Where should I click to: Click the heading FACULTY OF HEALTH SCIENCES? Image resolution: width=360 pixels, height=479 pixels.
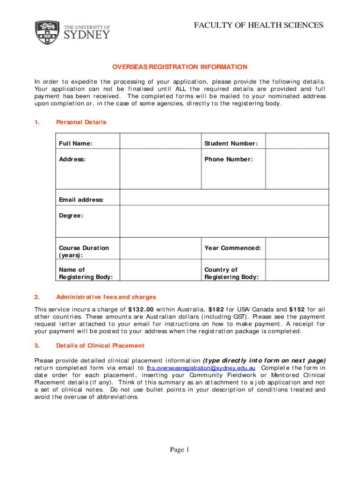click(x=259, y=25)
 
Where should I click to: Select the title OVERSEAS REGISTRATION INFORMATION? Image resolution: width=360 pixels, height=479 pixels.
click(x=180, y=67)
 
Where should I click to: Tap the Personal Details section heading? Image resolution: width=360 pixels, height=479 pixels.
click(x=81, y=122)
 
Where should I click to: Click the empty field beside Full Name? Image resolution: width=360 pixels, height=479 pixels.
click(x=160, y=142)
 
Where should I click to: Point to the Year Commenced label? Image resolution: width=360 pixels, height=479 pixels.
click(x=233, y=248)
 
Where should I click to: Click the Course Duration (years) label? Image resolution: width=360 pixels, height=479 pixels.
click(x=84, y=252)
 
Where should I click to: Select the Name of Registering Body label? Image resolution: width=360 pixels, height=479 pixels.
click(x=86, y=273)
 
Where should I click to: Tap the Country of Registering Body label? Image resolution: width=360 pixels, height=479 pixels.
click(x=231, y=273)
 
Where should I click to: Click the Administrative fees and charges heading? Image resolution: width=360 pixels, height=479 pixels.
click(x=106, y=297)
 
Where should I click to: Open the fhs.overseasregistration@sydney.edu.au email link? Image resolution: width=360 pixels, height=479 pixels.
click(x=201, y=368)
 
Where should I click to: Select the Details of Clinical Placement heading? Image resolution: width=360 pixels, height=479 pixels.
click(x=100, y=346)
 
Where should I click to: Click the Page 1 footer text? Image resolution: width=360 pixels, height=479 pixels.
click(x=180, y=450)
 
